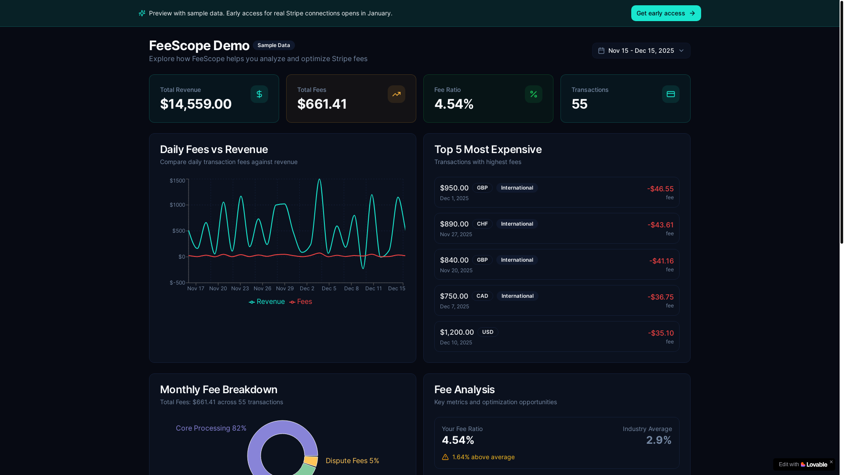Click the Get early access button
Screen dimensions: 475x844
pyautogui.click(x=666, y=13)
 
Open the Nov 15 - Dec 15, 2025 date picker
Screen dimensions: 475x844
pyautogui.click(x=641, y=51)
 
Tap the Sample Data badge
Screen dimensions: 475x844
pyautogui.click(x=273, y=45)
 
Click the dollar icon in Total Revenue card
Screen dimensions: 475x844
pyautogui.click(x=259, y=94)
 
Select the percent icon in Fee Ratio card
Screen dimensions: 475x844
pyautogui.click(x=533, y=94)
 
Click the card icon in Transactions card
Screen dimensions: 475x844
pyautogui.click(x=670, y=94)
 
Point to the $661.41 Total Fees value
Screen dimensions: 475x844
pyautogui.click(x=322, y=104)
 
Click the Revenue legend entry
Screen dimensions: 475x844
pyautogui.click(x=267, y=302)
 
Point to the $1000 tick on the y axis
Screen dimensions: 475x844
pyautogui.click(x=178, y=205)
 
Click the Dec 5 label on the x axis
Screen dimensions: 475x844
pyautogui.click(x=329, y=289)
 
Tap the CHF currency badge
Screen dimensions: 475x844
pyautogui.click(x=482, y=224)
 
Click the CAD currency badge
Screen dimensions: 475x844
pyautogui.click(x=482, y=296)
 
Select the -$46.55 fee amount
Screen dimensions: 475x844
pyautogui.click(x=660, y=189)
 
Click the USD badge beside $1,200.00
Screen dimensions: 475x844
pyautogui.click(x=487, y=332)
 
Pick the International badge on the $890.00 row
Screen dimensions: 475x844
pyautogui.click(x=517, y=224)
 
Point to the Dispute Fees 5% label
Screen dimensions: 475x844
pyautogui.click(x=352, y=460)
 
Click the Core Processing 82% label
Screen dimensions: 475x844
pyautogui.click(x=211, y=428)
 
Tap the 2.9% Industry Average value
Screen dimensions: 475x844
pyautogui.click(x=658, y=440)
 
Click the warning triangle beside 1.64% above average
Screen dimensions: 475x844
pyautogui.click(x=445, y=457)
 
